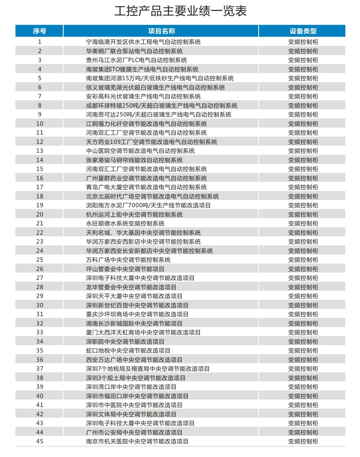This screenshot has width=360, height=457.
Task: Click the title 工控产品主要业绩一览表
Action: tap(180, 11)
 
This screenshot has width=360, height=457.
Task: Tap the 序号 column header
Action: tap(39, 31)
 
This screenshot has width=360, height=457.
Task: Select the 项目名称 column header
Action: tap(161, 31)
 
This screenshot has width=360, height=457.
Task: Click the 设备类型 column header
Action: tap(303, 31)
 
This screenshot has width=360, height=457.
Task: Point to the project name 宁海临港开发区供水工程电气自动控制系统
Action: tap(143, 42)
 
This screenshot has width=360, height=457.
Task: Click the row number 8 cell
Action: tap(39, 106)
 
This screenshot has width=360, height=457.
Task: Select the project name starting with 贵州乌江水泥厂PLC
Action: tap(136, 60)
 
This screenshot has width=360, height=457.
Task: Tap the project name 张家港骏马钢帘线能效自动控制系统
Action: tap(134, 160)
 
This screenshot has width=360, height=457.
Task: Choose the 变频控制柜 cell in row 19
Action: tap(303, 205)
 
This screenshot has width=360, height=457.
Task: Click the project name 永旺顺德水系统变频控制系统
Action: tap(125, 223)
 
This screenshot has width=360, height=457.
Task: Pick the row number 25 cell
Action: tap(39, 260)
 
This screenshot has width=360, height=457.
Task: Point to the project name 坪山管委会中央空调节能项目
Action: tap(125, 269)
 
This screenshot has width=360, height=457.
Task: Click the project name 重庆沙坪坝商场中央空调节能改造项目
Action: tap(137, 314)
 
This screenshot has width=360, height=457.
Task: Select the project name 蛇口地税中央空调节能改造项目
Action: tap(128, 350)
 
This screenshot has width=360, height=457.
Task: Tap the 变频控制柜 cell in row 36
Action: tap(303, 360)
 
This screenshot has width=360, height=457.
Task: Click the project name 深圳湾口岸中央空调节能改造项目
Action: tap(131, 387)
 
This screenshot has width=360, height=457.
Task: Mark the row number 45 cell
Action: tap(39, 441)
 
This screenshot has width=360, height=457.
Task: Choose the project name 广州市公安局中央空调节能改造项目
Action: tap(134, 432)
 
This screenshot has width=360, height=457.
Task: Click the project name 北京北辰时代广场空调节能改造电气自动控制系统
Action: tap(152, 196)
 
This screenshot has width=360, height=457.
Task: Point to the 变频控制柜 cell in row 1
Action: tap(303, 42)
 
